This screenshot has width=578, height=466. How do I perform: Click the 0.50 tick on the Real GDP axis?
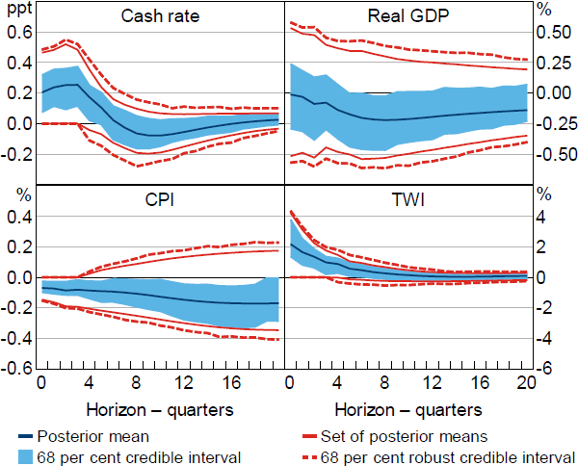tap(553, 31)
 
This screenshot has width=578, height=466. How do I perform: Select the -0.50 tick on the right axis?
tap(551, 154)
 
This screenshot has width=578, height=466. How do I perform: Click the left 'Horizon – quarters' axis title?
tap(160, 409)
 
